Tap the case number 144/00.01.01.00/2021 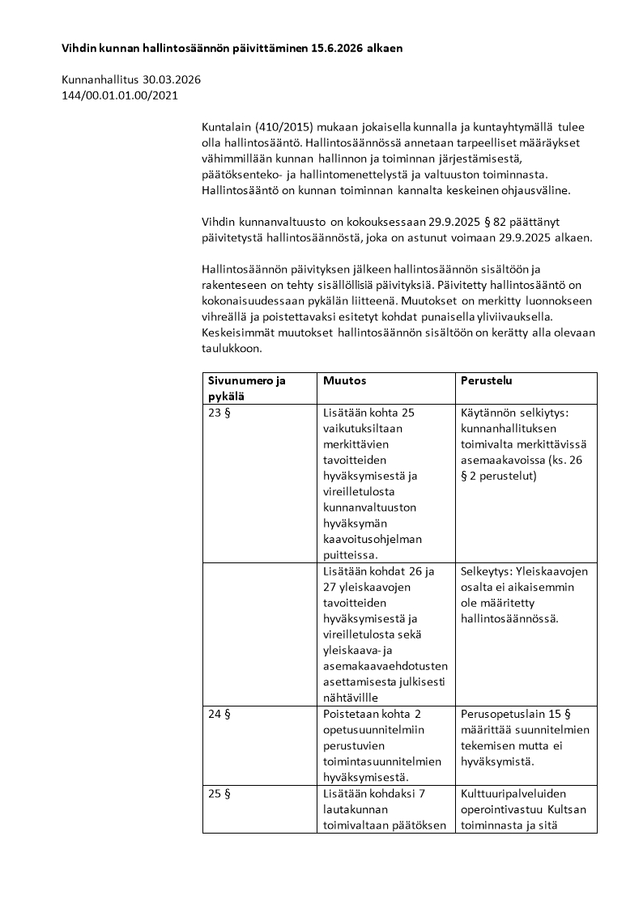point(119,95)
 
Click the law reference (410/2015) point(285,127)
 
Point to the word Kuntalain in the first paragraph point(224,127)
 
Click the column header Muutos point(344,380)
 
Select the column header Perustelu point(486,380)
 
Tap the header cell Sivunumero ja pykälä point(247,388)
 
